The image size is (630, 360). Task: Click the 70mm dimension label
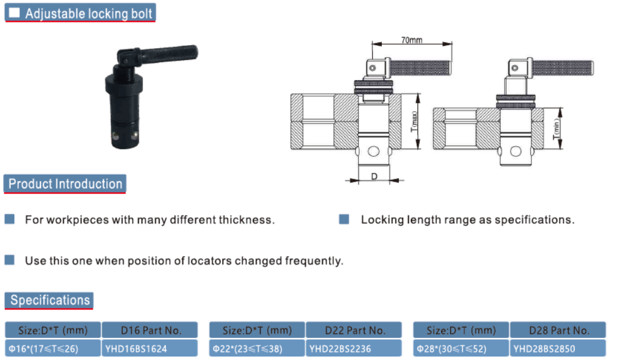411,40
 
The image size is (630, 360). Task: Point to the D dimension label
374,176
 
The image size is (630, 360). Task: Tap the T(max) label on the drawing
414,121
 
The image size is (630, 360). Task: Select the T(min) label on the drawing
556,130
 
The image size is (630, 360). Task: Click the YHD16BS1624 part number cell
150,348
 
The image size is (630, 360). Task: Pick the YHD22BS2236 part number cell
353,348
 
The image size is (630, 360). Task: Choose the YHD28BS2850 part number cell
558,348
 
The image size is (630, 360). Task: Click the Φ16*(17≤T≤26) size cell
53,348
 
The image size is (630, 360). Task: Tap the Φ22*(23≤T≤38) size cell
257,348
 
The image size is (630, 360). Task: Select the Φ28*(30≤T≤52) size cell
461,348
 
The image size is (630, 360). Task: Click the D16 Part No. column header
150,330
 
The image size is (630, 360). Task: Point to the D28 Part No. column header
558,330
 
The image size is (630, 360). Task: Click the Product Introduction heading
65,184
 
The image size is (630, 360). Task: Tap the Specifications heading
49,300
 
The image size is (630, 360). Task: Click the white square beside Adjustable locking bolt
14,12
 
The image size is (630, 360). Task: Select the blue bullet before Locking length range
344,219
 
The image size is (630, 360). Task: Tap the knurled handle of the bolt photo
169,54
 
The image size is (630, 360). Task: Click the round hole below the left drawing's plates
373,151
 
